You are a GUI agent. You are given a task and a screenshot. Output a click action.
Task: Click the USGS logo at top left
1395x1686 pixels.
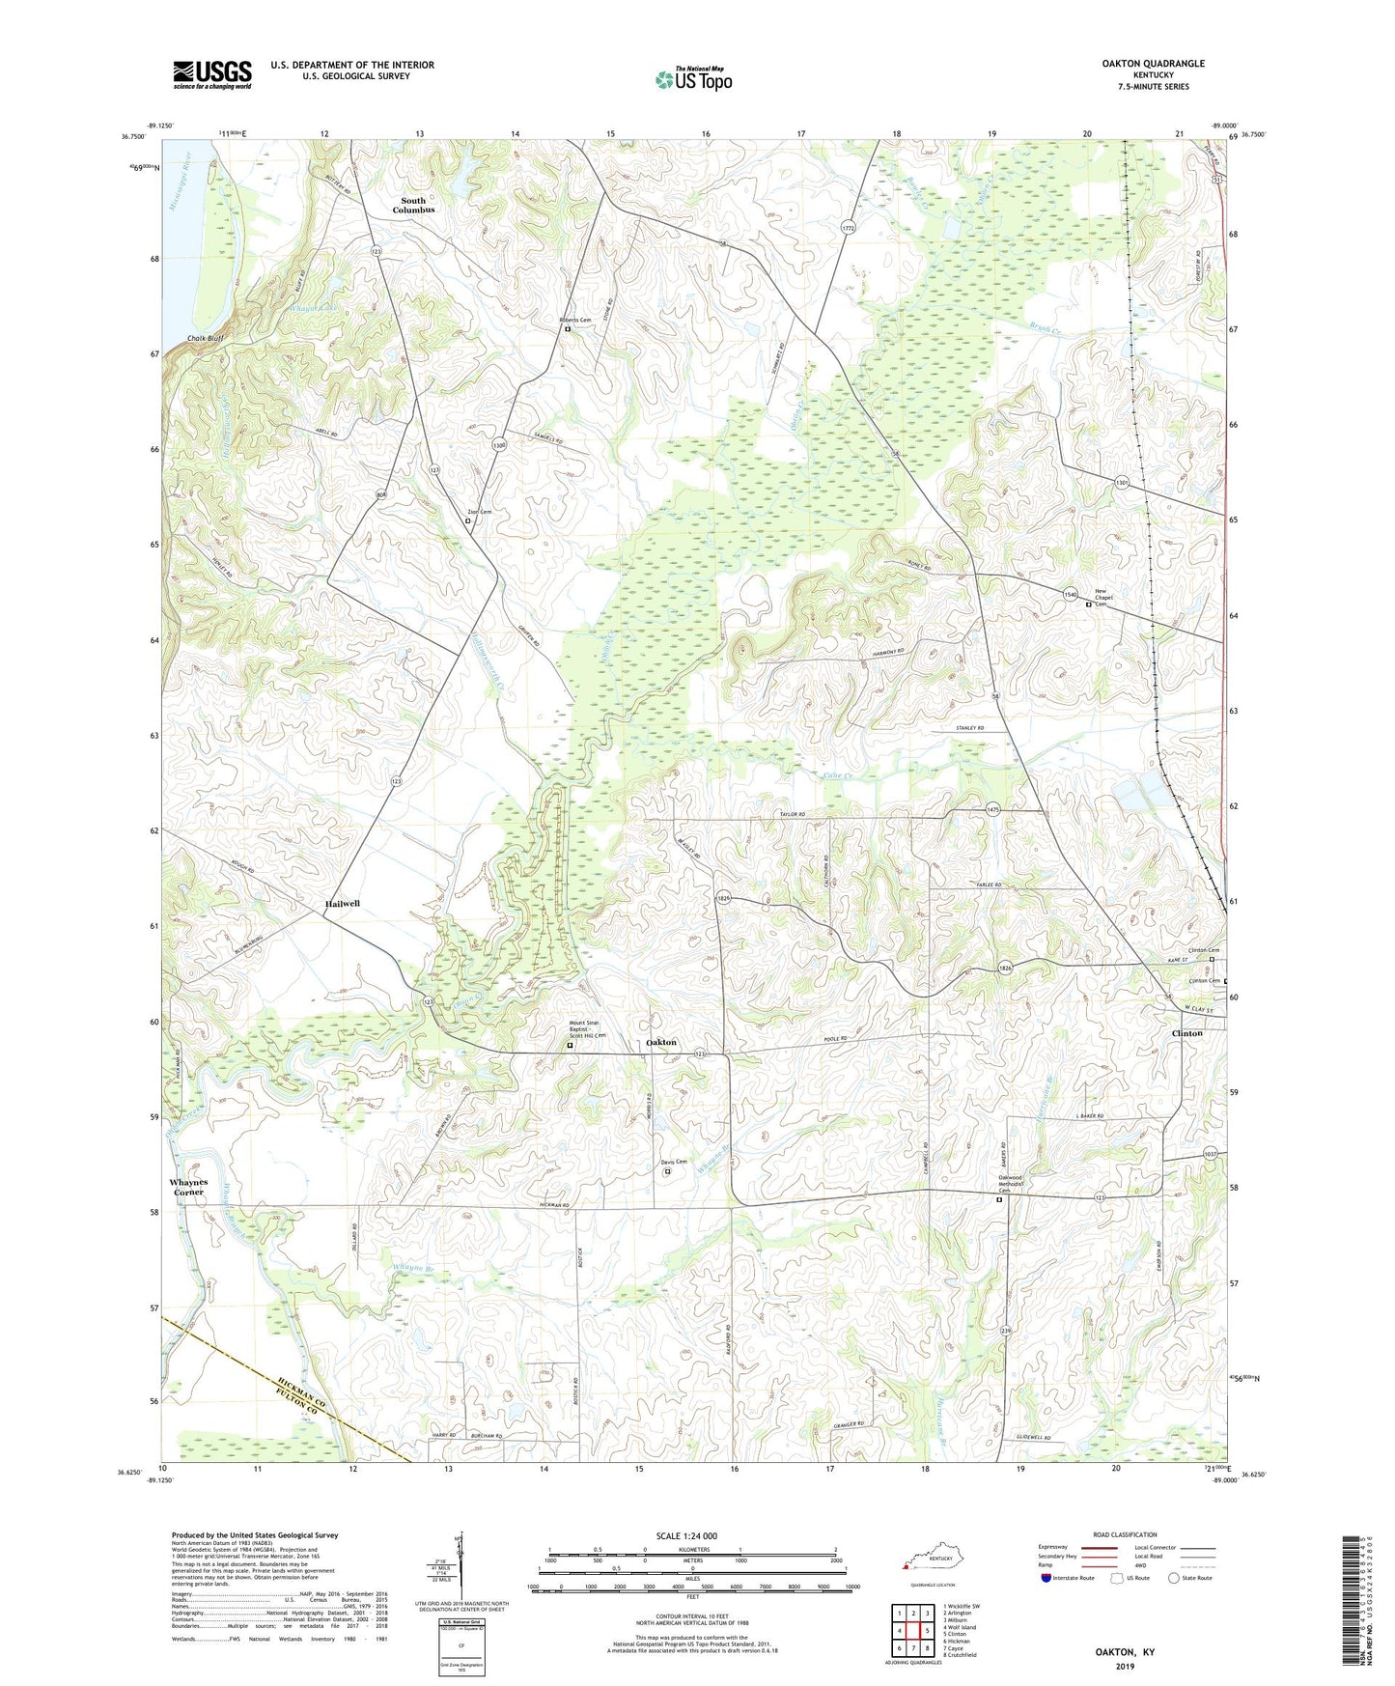[x=212, y=74]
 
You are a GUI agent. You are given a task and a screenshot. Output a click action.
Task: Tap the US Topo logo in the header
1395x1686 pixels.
[x=693, y=79]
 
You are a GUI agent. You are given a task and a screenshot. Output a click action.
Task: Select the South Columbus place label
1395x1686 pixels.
[x=413, y=206]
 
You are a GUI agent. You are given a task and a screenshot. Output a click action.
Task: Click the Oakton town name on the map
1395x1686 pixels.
[x=661, y=1043]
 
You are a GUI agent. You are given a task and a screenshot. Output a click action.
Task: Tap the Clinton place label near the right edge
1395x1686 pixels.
[x=1186, y=1033]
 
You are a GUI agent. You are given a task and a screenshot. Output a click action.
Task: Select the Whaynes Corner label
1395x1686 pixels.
[x=189, y=1187]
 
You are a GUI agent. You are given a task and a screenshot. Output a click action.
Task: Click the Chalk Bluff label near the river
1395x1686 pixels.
[x=206, y=339]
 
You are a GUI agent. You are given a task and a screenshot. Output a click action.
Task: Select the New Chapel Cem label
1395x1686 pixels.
[x=1104, y=598]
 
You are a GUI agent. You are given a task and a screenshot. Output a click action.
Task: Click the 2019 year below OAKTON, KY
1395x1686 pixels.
[x=1125, y=1666]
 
